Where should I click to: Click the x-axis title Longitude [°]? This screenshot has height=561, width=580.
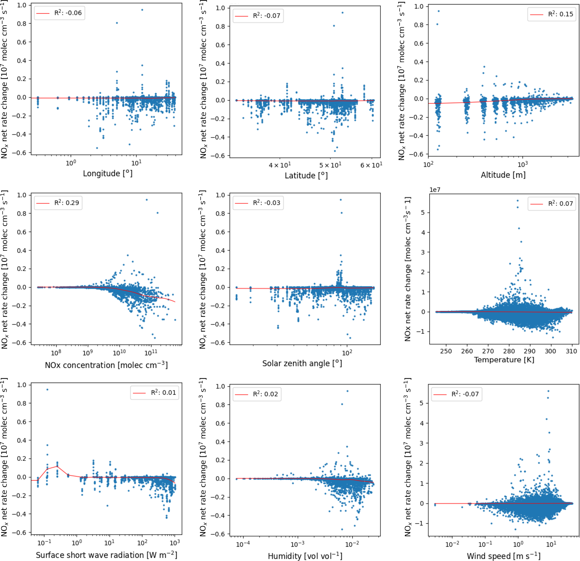[108, 173]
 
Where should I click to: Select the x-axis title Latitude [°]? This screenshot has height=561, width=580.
[306, 176]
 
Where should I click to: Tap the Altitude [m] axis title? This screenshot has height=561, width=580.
[503, 175]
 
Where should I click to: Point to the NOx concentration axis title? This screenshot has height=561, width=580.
[106, 365]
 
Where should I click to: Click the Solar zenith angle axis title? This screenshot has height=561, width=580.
[302, 363]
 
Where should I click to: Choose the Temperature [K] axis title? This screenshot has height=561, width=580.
[504, 360]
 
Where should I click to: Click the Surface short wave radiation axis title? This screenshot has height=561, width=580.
[107, 555]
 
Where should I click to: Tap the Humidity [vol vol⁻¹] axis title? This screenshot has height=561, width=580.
[305, 556]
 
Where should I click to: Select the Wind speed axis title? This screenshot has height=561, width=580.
[504, 556]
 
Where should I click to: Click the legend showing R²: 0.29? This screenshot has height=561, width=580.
[58, 203]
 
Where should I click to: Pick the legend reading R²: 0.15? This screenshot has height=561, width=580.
[552, 14]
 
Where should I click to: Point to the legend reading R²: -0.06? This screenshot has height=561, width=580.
[59, 13]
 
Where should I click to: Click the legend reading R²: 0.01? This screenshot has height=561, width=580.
[154, 393]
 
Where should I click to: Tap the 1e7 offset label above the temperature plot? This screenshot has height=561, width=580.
[435, 190]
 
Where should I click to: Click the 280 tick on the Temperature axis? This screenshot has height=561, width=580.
[509, 351]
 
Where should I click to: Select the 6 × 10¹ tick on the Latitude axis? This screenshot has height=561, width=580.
[371, 165]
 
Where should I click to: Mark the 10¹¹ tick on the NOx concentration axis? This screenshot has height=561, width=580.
[151, 353]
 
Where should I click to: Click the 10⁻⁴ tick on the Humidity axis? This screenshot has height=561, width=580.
[244, 544]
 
